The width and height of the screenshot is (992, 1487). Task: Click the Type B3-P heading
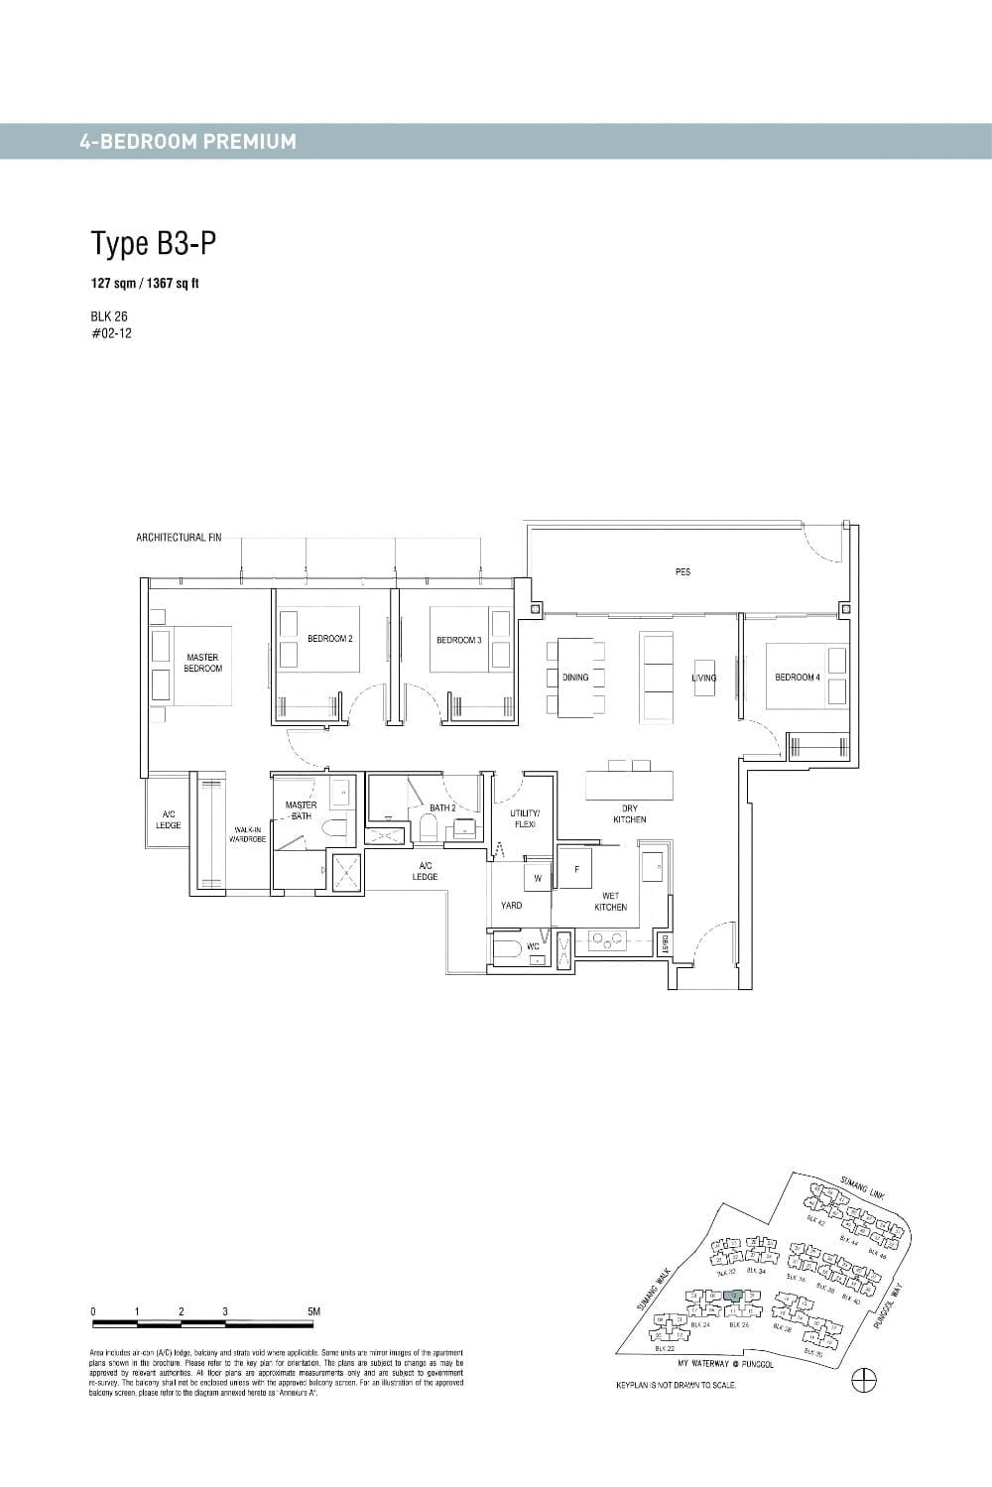click(x=154, y=243)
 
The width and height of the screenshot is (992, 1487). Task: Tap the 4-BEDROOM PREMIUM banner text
click(x=187, y=141)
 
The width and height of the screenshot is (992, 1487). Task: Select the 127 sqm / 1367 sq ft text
click(x=145, y=284)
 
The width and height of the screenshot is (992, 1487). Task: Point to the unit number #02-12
click(x=110, y=333)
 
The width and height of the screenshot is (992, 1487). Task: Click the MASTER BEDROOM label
click(x=202, y=663)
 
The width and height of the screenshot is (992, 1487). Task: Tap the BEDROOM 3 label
click(x=458, y=640)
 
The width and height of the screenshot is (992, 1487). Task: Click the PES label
click(x=682, y=572)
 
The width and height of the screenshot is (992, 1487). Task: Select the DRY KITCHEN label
click(x=630, y=813)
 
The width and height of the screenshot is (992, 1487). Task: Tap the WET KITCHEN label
click(x=611, y=901)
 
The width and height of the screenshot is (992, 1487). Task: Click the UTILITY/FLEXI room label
click(x=525, y=818)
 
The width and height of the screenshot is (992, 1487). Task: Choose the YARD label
click(x=511, y=905)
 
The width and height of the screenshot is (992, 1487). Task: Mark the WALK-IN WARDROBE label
click(x=248, y=833)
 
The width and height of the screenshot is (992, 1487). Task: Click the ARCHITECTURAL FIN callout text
click(x=179, y=538)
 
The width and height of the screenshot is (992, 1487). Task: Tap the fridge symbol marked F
click(x=575, y=869)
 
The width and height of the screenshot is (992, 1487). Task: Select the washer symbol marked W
click(x=538, y=878)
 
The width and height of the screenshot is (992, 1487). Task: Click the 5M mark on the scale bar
click(x=314, y=1311)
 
